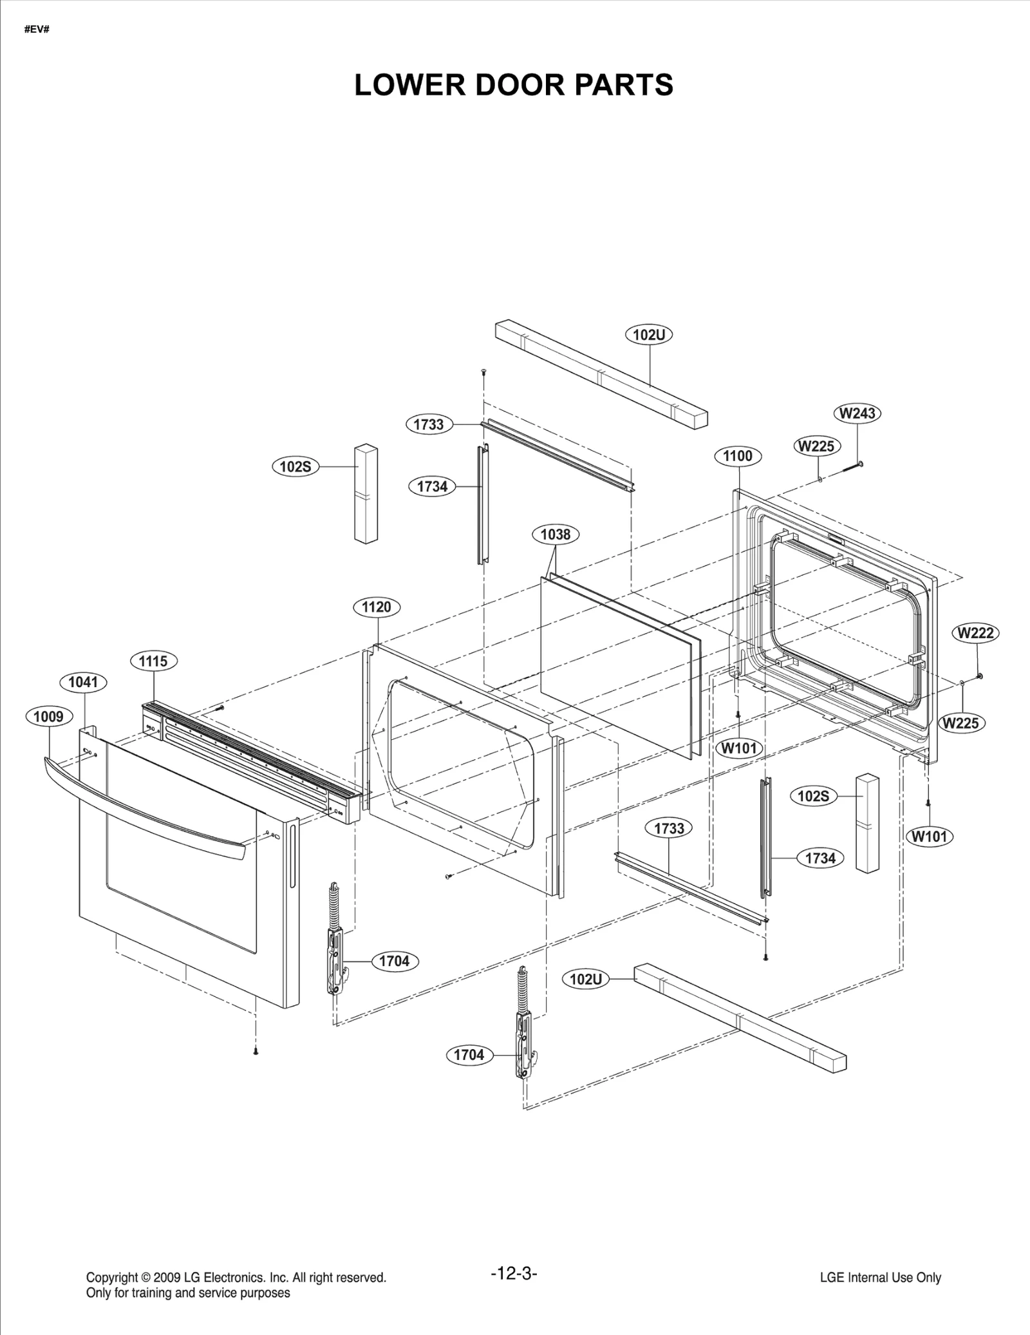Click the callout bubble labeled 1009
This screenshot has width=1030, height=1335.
(48, 716)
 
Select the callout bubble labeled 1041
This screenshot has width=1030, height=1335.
(83, 682)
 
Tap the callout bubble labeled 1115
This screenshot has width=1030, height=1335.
(153, 661)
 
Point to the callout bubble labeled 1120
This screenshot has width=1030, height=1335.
(377, 607)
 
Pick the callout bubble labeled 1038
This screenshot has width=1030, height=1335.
(556, 534)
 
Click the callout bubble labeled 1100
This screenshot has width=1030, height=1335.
(738, 456)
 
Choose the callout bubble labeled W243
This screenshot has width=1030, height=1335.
(858, 413)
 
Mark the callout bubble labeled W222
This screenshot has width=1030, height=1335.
(976, 633)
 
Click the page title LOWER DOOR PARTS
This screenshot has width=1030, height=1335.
(514, 85)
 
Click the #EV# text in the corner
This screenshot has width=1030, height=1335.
(37, 30)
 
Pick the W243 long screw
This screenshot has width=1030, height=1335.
(851, 468)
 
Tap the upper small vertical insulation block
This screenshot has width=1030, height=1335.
(366, 493)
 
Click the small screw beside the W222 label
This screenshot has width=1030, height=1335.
(980, 676)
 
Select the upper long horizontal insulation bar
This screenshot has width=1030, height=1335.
(601, 373)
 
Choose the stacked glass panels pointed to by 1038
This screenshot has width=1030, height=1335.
(618, 663)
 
